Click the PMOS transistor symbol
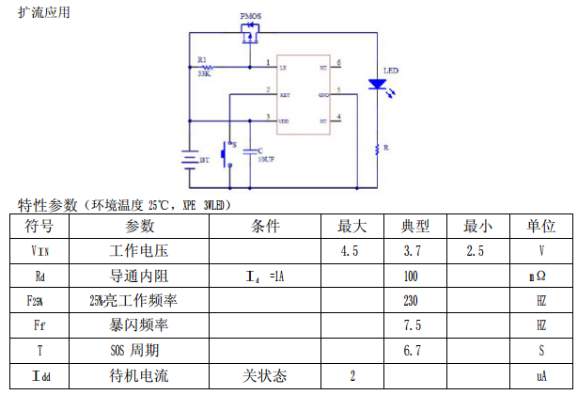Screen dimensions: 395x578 point(250,37)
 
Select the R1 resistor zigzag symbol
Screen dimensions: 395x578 point(207,68)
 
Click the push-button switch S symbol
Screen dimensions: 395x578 point(226,153)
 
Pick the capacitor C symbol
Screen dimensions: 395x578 point(250,150)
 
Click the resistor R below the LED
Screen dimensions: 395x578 point(378,149)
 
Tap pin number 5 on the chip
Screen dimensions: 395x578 point(338,91)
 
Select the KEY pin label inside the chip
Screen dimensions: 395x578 point(284,95)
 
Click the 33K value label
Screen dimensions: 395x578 point(204,76)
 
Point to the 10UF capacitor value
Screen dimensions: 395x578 point(266,160)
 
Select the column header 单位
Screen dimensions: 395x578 point(540,227)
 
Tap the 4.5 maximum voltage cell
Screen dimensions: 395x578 point(350,251)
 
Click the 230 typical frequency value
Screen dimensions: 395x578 point(410,301)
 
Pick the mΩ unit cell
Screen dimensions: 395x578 point(540,276)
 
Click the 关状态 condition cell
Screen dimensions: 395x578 point(264,375)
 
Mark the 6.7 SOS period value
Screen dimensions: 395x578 point(410,351)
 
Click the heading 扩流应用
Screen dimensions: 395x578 point(44,13)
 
